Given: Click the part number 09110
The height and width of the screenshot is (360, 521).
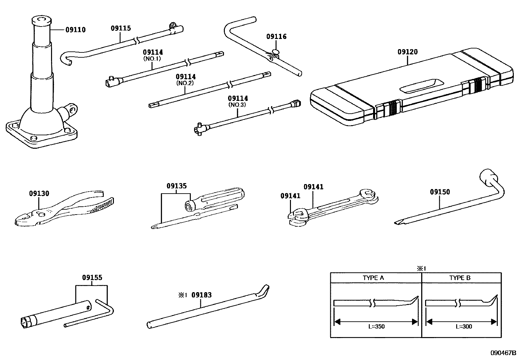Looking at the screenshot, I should click(x=75, y=30).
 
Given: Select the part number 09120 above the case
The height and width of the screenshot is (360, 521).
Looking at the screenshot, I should click(x=407, y=52).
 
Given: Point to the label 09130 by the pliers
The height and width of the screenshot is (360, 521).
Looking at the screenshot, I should click(x=39, y=193).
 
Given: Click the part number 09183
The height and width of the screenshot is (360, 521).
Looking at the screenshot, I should click(x=201, y=295).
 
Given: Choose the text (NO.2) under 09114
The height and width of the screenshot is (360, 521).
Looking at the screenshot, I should click(x=186, y=83).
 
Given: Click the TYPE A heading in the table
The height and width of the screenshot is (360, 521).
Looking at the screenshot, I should click(x=373, y=278).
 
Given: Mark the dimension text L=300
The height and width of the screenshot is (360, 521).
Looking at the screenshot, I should click(x=464, y=326).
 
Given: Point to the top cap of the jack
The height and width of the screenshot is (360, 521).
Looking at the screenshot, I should click(x=41, y=20).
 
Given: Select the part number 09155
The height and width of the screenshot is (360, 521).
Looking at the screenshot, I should click(x=92, y=277).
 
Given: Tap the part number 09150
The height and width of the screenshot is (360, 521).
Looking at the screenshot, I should click(x=440, y=192).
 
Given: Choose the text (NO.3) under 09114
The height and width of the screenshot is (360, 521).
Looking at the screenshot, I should click(x=238, y=105).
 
